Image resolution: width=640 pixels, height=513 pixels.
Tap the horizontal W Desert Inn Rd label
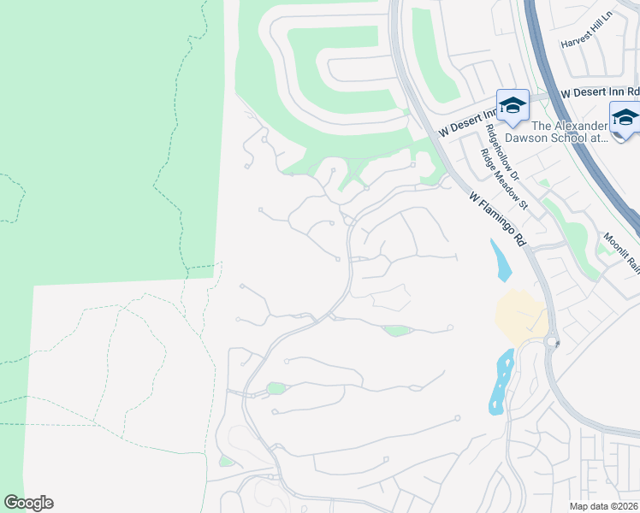(x=600, y=91)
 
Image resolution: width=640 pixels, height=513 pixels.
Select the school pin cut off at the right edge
(x=625, y=118)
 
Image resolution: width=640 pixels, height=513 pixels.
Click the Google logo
(x=28, y=503)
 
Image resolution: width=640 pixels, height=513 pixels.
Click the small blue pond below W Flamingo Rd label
(x=501, y=260)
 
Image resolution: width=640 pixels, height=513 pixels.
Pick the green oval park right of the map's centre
(x=396, y=331)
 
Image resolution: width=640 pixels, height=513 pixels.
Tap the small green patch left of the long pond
(x=276, y=389)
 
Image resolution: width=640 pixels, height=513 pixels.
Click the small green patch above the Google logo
(x=226, y=462)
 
